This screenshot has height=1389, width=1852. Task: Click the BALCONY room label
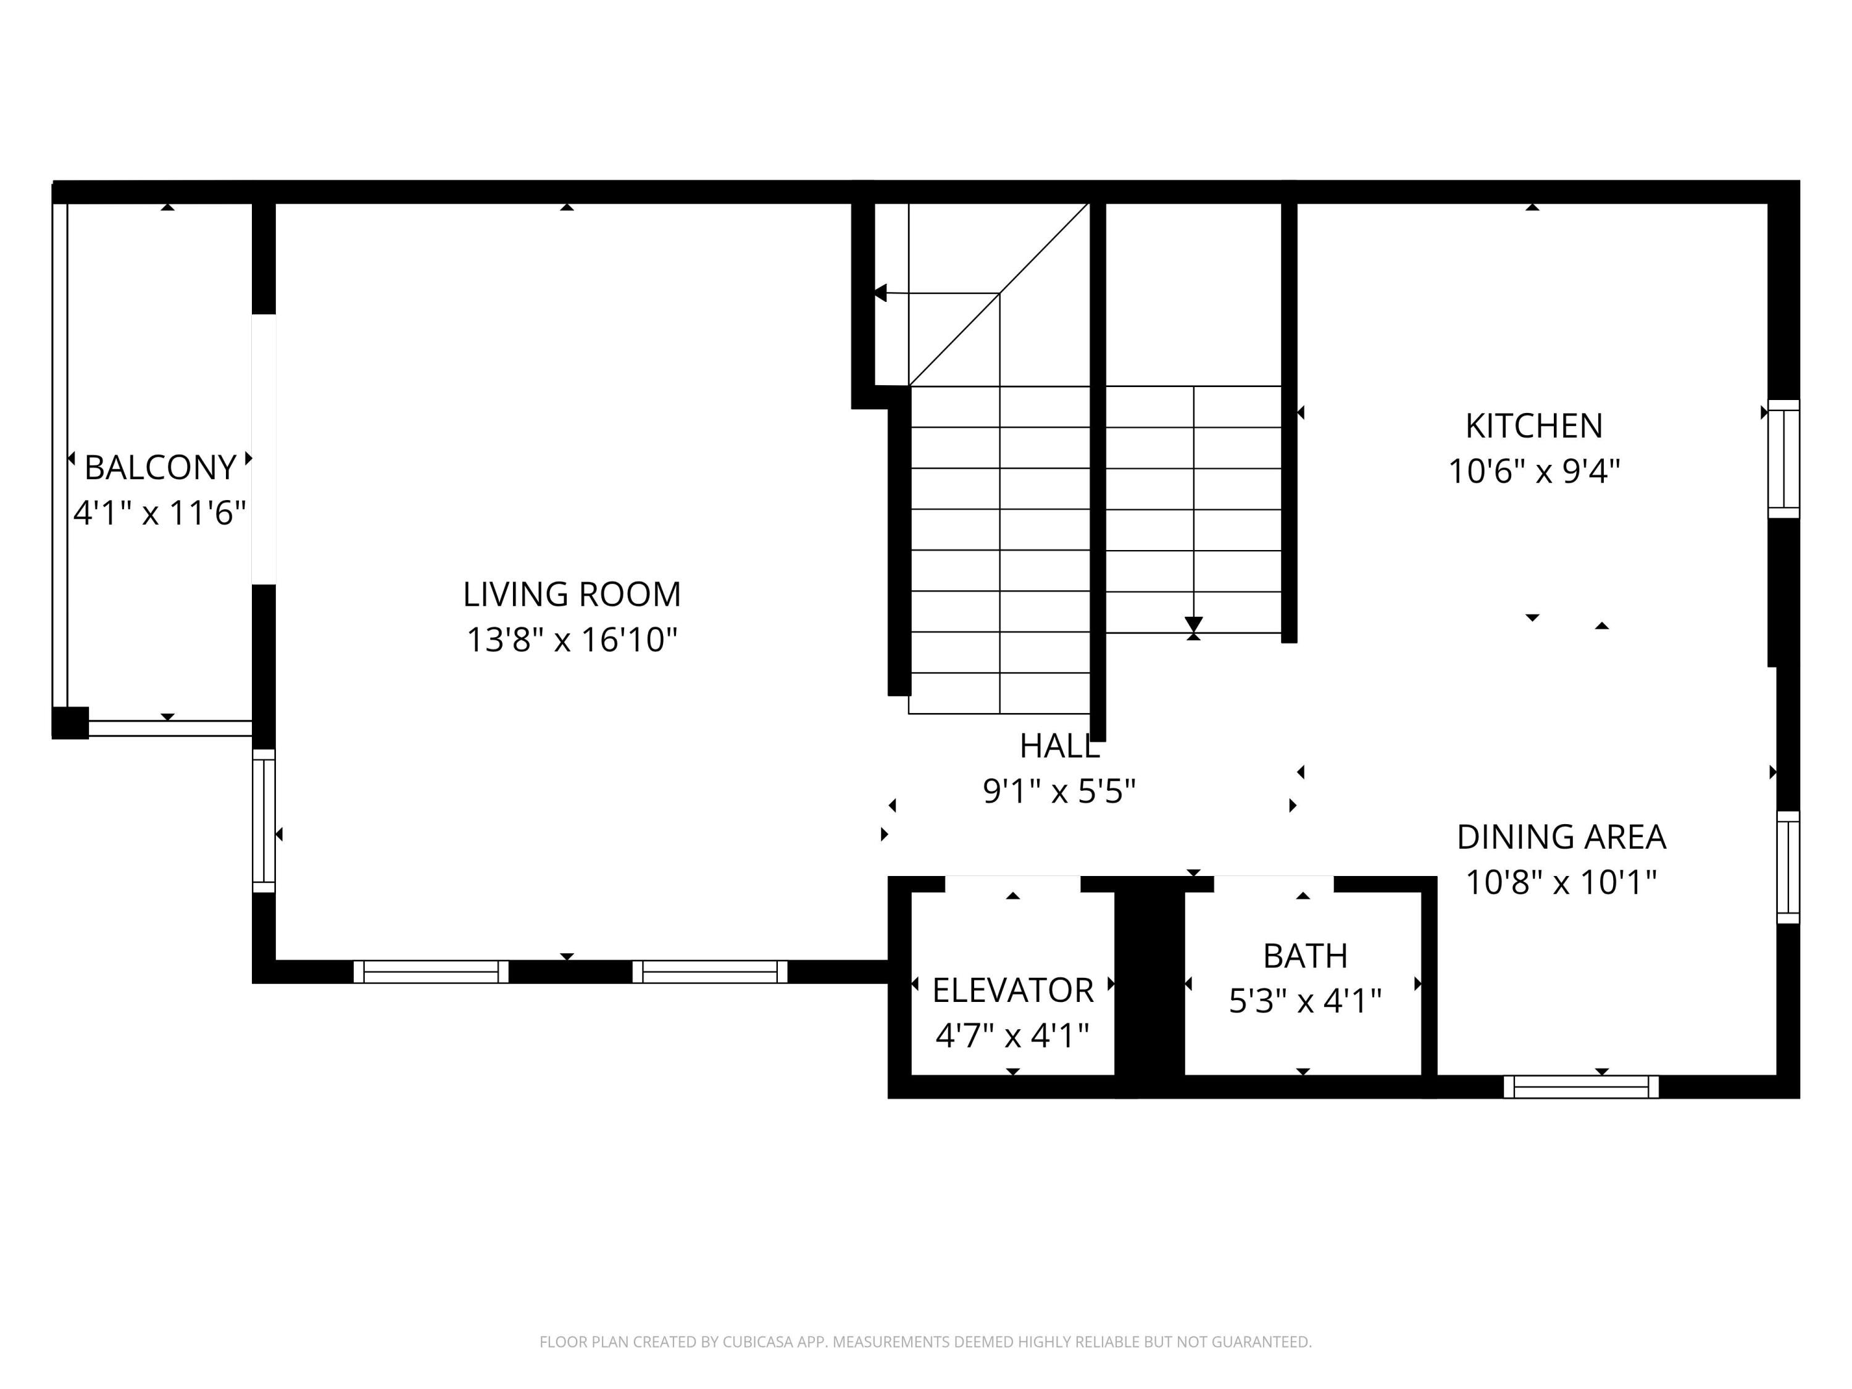point(160,467)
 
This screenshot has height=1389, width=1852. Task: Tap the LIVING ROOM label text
point(572,594)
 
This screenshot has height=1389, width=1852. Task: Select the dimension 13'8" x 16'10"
point(572,641)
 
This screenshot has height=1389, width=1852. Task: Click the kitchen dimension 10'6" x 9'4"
point(1534,472)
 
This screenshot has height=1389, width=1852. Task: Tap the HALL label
point(1059,746)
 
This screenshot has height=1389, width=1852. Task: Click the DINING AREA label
point(1561,836)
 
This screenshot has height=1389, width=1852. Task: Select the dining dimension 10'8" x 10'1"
point(1561,882)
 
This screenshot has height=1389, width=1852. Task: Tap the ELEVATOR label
point(1012,990)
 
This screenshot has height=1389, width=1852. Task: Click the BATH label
point(1304,955)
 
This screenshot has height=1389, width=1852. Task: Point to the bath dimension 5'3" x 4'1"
point(1304,1001)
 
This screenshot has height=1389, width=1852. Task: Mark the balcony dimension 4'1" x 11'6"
point(160,513)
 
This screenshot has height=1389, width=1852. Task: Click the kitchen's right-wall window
point(1783,459)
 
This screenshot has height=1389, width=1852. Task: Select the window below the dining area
point(1581,1087)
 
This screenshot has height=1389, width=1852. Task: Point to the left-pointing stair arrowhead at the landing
point(880,293)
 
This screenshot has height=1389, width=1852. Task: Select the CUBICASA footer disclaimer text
point(925,1342)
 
